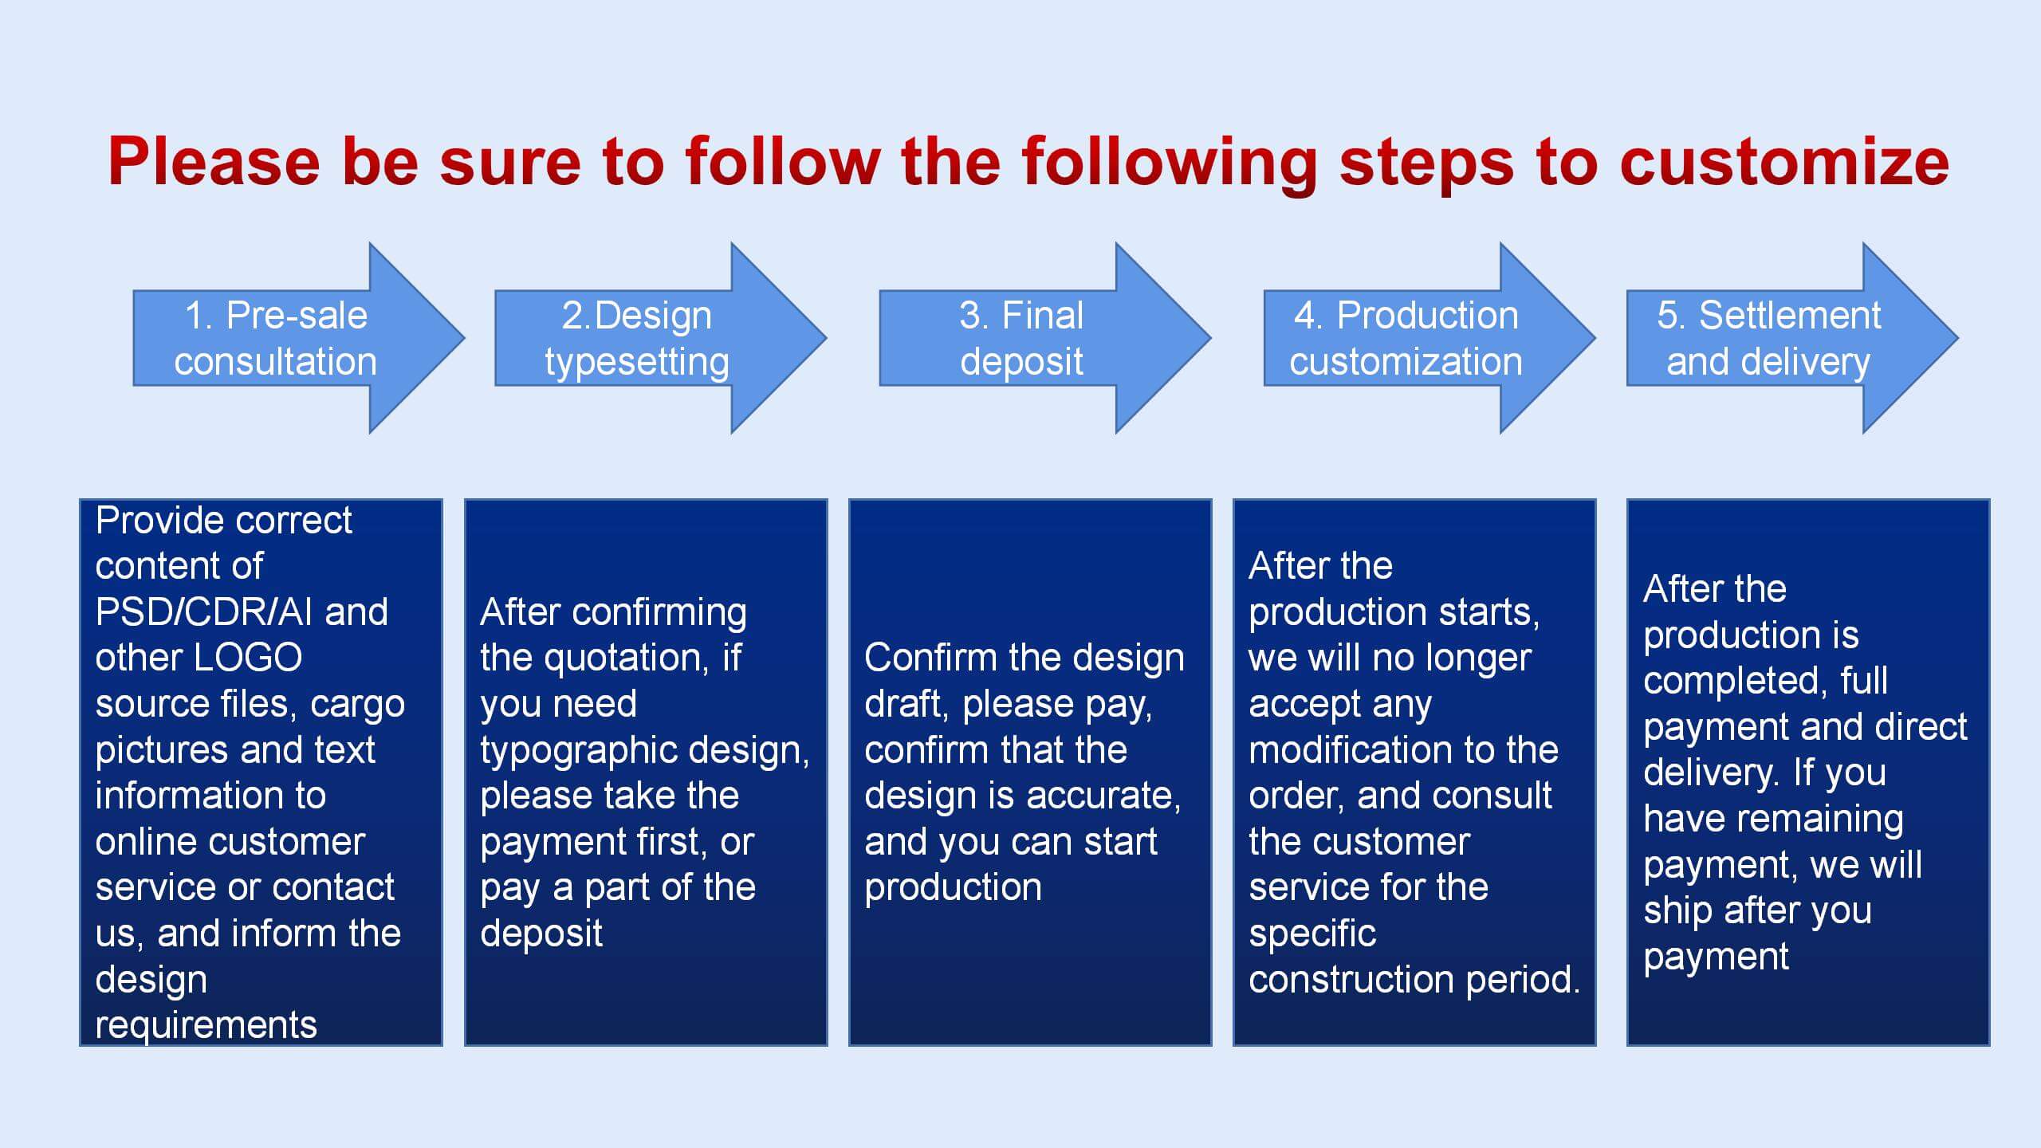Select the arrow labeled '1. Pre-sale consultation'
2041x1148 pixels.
tap(298, 338)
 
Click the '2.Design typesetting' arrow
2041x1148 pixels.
tap(660, 338)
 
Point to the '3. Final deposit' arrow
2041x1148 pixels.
tap(1044, 338)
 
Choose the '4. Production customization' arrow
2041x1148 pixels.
tap(1429, 338)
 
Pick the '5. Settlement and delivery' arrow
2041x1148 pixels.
tap(1792, 338)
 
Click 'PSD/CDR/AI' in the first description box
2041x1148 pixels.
tap(203, 612)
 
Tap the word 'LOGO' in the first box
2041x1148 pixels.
tap(248, 658)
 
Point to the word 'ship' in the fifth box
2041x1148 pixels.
tap(1677, 911)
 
